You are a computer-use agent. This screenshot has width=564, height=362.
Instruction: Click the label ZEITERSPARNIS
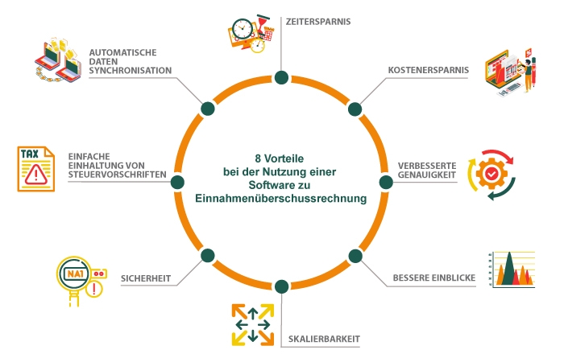click(x=318, y=22)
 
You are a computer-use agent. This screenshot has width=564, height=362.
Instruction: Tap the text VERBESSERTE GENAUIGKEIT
click(x=427, y=171)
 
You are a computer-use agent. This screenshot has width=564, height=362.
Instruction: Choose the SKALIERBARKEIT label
click(x=325, y=339)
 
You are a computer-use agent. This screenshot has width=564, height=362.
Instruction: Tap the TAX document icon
click(x=36, y=168)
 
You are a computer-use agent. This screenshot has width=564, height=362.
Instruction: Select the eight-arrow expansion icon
click(x=251, y=324)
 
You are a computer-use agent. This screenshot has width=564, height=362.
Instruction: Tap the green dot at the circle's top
click(x=280, y=78)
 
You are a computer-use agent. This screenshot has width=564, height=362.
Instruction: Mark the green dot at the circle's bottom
click(x=280, y=286)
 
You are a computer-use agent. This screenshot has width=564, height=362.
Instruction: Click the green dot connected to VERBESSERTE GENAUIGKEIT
click(x=384, y=182)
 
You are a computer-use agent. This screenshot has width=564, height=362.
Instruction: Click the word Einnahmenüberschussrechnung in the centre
click(x=280, y=198)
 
